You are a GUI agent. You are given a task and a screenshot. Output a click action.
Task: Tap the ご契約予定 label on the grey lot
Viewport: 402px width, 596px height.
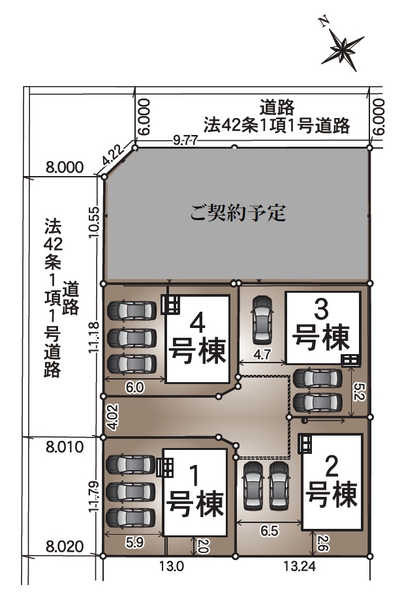tap(238, 213)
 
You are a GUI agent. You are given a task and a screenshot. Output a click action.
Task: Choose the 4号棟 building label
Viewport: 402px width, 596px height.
tap(197, 338)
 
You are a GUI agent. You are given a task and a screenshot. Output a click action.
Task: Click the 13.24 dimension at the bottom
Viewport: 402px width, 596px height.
tap(300, 567)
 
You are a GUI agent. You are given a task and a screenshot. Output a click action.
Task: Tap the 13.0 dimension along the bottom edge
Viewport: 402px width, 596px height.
tap(172, 567)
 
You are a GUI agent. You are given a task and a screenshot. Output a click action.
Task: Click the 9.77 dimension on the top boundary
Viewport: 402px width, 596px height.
tap(185, 141)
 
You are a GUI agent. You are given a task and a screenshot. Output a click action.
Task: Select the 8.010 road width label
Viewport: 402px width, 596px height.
tap(65, 447)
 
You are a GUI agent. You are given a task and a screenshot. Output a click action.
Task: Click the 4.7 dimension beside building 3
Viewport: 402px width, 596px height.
tap(262, 355)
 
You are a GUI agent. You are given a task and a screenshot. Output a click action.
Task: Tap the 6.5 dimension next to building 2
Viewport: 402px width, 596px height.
tap(270, 531)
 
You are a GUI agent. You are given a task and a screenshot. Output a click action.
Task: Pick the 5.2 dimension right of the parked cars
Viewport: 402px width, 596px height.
tap(360, 391)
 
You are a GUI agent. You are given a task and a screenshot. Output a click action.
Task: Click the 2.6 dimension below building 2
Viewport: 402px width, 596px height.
tap(321, 544)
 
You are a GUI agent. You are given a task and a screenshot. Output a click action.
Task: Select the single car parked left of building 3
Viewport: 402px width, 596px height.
tap(262, 318)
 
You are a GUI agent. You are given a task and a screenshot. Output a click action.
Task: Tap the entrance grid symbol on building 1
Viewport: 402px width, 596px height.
tap(164, 468)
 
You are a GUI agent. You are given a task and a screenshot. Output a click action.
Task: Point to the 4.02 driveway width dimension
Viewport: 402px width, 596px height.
tap(113, 417)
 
